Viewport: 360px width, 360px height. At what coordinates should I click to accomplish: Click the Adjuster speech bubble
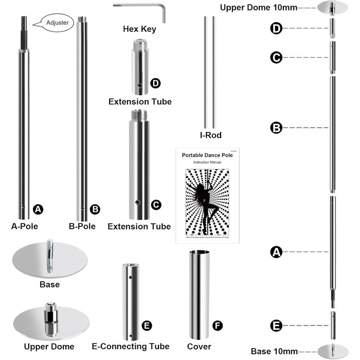pyautogui.click(x=53, y=23)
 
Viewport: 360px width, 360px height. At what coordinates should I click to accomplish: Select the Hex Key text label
pyautogui.click(x=139, y=29)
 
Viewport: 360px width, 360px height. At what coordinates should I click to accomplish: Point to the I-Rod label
pyautogui.click(x=211, y=135)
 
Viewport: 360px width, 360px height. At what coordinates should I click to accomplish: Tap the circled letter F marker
pyautogui.click(x=218, y=326)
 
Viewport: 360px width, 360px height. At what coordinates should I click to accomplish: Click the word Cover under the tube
pyautogui.click(x=200, y=347)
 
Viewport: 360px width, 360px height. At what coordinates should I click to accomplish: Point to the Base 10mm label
pyautogui.click(x=274, y=352)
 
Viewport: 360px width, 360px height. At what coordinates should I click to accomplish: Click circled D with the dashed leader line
pyautogui.click(x=276, y=29)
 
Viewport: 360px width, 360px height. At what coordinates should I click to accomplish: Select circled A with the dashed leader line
pyautogui.click(x=276, y=251)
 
